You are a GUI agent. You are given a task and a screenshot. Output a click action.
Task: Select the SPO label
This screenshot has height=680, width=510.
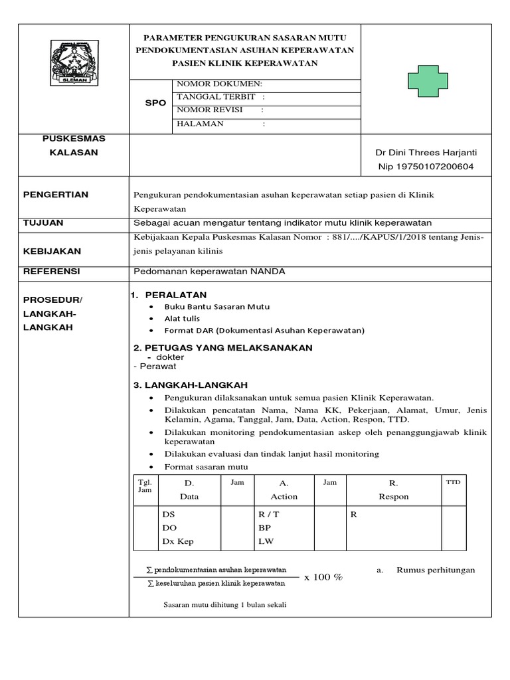155,104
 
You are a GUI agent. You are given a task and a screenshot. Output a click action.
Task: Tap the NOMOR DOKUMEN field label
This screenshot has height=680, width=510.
219,84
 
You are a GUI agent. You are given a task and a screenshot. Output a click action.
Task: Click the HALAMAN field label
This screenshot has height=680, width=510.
201,124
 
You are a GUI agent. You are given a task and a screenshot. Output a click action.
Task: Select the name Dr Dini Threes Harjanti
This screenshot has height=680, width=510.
426,153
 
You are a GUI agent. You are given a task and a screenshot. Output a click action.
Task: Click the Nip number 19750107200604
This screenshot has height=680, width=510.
426,167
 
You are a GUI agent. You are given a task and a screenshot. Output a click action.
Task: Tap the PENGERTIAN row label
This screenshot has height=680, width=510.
55,195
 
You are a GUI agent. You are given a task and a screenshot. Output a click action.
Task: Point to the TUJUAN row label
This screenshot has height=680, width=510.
43,223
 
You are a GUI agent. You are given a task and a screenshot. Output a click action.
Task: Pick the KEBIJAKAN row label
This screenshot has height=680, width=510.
52,252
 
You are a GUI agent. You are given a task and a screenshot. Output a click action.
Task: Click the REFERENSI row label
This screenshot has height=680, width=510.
51,272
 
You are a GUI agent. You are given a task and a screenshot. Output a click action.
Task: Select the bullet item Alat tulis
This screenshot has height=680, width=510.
183,319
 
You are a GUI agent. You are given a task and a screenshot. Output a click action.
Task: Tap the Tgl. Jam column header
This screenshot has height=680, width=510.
145,485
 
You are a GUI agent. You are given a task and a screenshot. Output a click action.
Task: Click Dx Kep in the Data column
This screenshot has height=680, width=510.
178,541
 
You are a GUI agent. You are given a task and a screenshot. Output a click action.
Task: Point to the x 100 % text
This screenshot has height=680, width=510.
323,577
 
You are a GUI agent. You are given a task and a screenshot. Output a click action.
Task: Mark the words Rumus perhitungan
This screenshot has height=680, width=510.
436,570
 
